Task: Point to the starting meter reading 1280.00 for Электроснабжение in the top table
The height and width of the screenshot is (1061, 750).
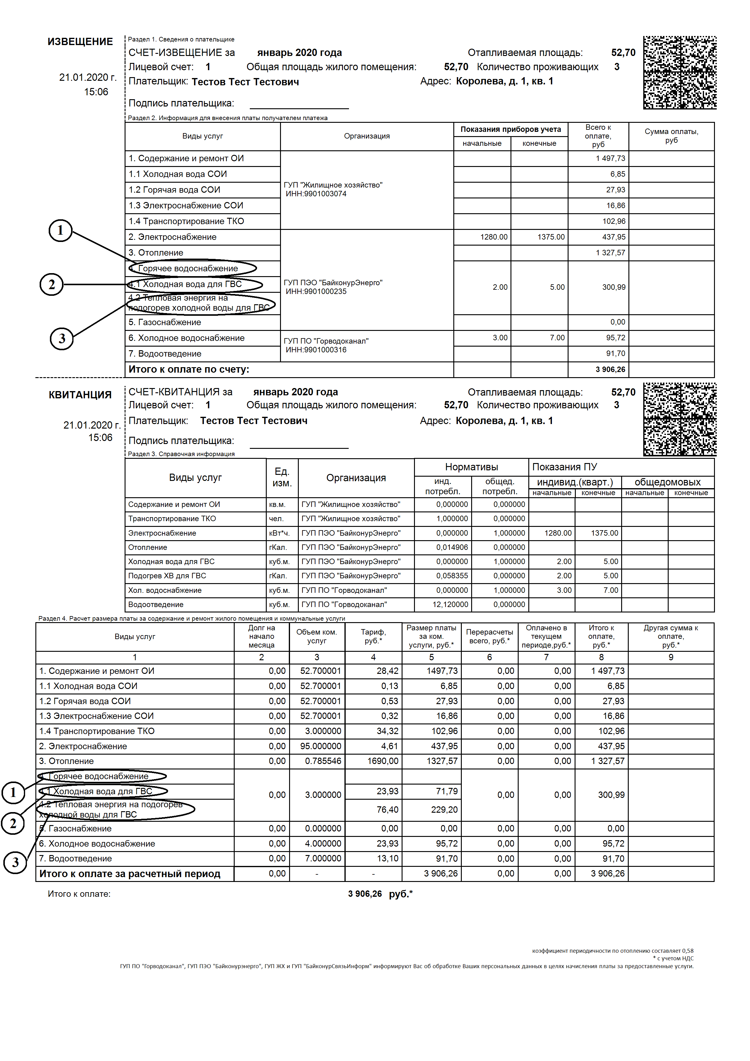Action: pyautogui.click(x=494, y=237)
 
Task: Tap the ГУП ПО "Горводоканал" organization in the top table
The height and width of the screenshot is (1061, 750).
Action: pyautogui.click(x=326, y=341)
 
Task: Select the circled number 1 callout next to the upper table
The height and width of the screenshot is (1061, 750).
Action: pyautogui.click(x=60, y=230)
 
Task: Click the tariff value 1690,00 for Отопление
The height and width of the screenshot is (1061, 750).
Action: pyautogui.click(x=383, y=761)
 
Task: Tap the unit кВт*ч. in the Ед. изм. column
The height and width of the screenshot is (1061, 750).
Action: pyautogui.click(x=279, y=533)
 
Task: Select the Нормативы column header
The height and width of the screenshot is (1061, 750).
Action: pyautogui.click(x=471, y=467)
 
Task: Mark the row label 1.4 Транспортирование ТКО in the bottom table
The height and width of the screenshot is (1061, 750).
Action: pyautogui.click(x=97, y=731)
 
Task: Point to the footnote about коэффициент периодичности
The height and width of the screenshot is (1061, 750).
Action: pyautogui.click(x=612, y=951)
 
